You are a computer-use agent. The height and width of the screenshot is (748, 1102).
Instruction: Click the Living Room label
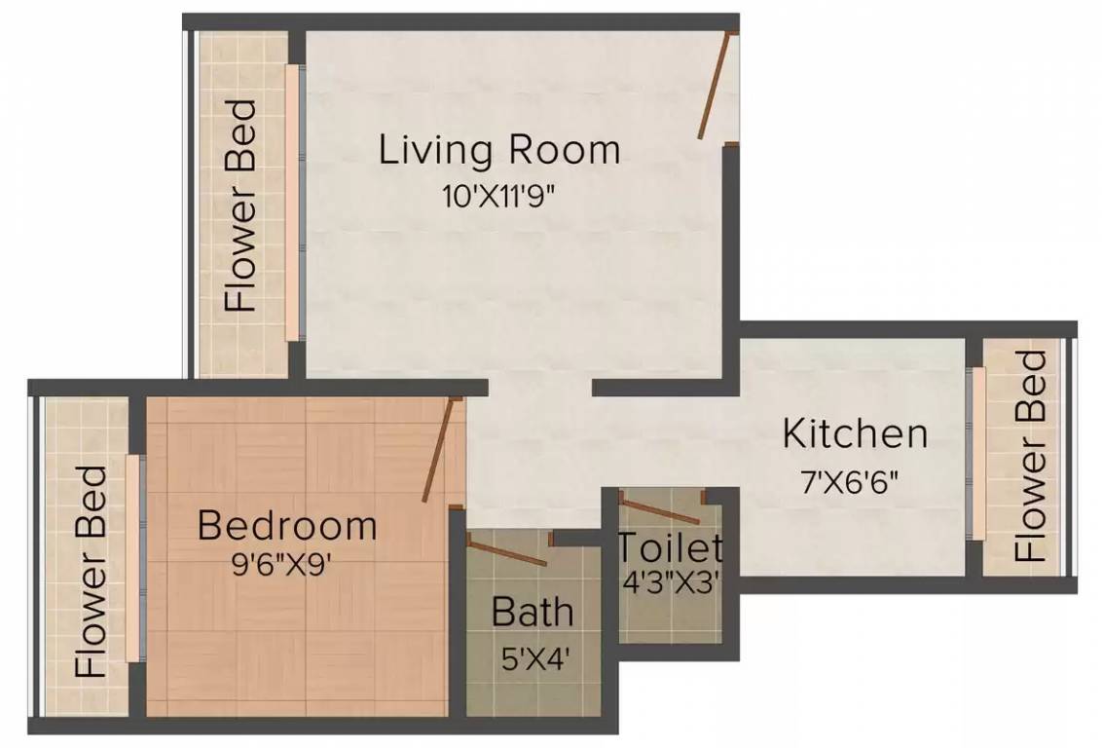click(x=498, y=150)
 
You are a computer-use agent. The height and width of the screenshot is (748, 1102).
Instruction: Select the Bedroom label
click(x=287, y=525)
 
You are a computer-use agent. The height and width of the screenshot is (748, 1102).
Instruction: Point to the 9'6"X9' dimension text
click(x=287, y=564)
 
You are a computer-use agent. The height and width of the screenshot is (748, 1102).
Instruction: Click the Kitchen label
click(x=855, y=433)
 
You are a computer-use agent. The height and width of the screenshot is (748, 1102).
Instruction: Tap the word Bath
click(x=533, y=613)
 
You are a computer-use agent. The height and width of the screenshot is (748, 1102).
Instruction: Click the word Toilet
click(x=670, y=548)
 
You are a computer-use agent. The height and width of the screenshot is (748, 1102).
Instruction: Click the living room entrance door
click(x=715, y=86)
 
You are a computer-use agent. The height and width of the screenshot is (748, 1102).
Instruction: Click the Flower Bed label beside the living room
click(x=241, y=205)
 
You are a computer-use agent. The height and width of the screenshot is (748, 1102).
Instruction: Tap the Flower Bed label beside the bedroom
click(x=91, y=571)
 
